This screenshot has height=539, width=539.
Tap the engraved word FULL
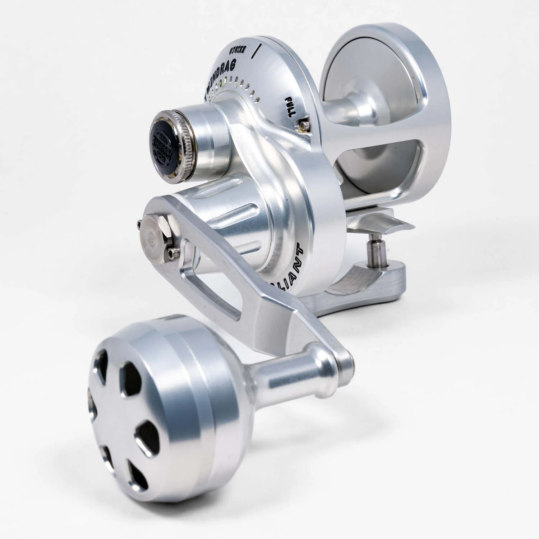(x=290, y=107)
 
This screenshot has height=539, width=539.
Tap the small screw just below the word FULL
(x=305, y=124)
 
